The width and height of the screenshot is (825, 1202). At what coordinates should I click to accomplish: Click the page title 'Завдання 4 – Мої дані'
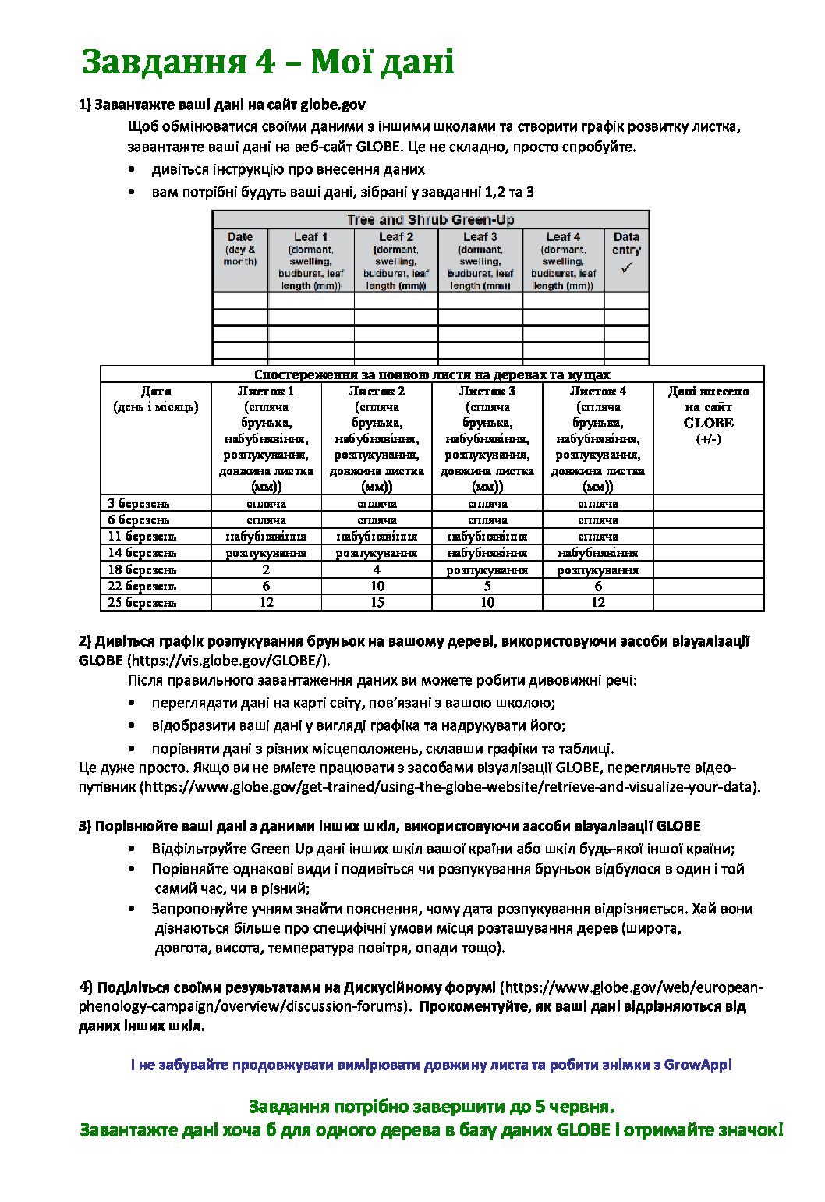point(267,62)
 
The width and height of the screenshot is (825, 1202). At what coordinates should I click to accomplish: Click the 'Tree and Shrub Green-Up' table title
point(430,220)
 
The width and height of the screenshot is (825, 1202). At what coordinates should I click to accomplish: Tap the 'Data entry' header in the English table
point(626,243)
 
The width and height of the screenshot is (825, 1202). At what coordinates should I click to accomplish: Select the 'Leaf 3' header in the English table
point(480,236)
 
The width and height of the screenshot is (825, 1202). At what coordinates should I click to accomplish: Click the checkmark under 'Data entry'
point(626,268)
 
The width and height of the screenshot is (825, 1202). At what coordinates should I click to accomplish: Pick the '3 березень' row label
point(139,504)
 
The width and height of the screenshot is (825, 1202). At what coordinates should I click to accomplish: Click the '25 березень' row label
point(142,603)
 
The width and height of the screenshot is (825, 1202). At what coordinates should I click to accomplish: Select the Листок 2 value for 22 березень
point(377,587)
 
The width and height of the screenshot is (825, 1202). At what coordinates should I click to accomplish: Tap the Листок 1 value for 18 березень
point(267,570)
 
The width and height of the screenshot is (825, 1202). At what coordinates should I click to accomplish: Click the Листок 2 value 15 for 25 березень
point(377,603)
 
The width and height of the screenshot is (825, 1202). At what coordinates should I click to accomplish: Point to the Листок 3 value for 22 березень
point(487,587)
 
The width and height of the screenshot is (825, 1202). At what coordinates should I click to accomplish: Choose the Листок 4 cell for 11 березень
point(598,537)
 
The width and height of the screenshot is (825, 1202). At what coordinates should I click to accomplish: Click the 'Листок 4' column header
point(598,392)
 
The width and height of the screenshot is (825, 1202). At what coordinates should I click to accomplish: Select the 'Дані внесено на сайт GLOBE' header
point(708,407)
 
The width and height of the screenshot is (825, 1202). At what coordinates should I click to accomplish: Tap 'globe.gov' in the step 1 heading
point(333,105)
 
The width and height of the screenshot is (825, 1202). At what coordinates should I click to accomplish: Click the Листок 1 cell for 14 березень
point(267,553)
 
